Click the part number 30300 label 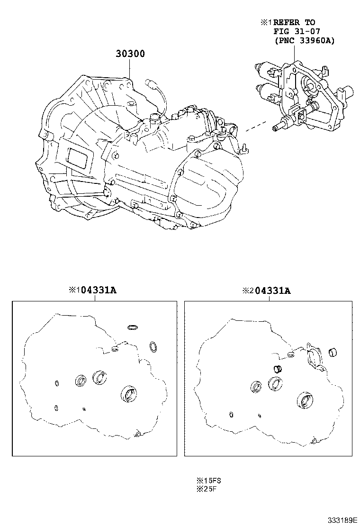(x=130, y=54)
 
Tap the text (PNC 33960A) (x=304, y=41)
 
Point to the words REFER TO (x=294, y=22)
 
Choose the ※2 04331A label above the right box (x=266, y=291)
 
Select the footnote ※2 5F (x=204, y=489)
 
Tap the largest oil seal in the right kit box (x=306, y=400)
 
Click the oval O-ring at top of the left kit (x=133, y=327)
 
